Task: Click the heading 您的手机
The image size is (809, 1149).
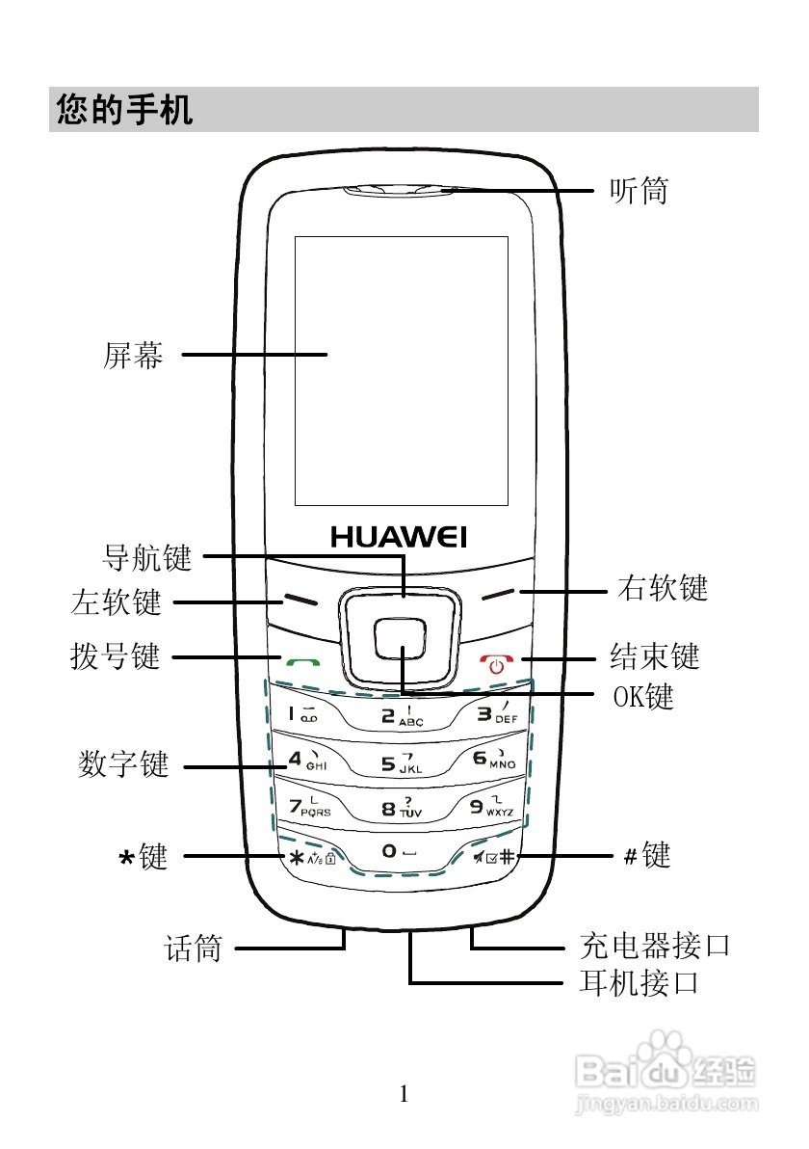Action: tap(125, 110)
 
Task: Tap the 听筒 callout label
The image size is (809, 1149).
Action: tap(638, 191)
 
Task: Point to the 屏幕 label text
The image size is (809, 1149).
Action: tap(133, 356)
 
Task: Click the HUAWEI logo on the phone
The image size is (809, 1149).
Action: tap(399, 536)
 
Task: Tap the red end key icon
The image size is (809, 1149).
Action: tap(497, 663)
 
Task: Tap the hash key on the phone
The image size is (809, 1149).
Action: tap(494, 855)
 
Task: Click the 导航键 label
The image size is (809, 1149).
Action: tap(147, 557)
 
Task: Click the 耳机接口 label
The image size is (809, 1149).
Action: tap(639, 983)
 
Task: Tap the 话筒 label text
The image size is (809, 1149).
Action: tap(194, 949)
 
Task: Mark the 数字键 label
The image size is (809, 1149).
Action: tap(123, 766)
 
